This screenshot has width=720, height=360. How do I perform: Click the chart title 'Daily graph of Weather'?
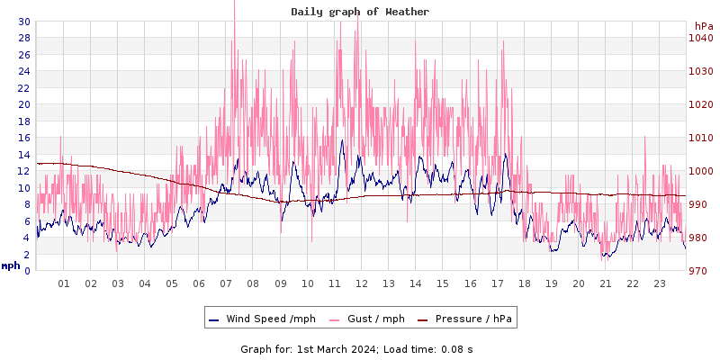pyautogui.click(x=360, y=12)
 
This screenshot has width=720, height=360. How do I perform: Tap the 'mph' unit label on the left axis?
pyautogui.click(x=11, y=265)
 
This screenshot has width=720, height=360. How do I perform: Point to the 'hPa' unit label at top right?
pyautogui.click(x=703, y=26)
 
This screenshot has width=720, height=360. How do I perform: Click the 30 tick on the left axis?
pyautogui.click(x=23, y=22)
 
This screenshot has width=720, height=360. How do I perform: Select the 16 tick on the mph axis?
pyautogui.click(x=23, y=138)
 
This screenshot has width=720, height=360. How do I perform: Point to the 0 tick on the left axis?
pyautogui.click(x=27, y=271)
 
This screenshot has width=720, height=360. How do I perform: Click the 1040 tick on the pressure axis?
pyautogui.click(x=700, y=38)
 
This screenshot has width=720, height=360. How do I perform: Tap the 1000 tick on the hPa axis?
pyautogui.click(x=700, y=171)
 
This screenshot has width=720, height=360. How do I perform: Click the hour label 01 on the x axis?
pyautogui.click(x=64, y=283)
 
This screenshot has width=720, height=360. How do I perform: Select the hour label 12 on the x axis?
pyautogui.click(x=362, y=283)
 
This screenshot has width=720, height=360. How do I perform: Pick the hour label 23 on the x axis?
pyautogui.click(x=660, y=283)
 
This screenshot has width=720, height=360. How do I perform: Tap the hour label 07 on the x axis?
pyautogui.click(x=226, y=283)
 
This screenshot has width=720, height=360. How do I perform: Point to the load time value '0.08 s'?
pyautogui.click(x=457, y=348)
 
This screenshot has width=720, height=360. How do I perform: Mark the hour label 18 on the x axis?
pyautogui.click(x=524, y=283)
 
